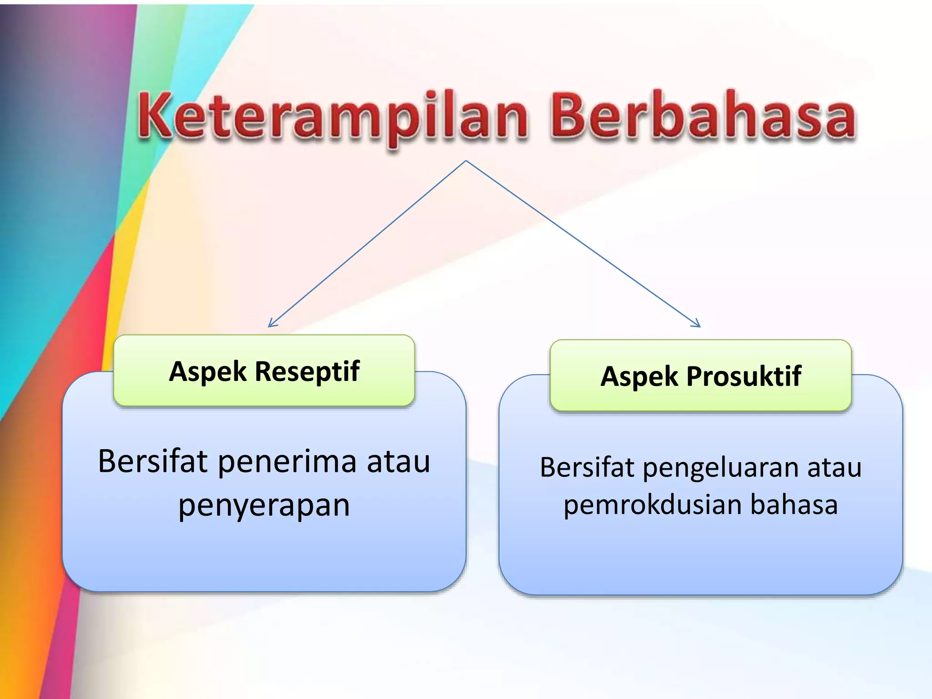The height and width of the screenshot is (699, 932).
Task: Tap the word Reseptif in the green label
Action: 307,371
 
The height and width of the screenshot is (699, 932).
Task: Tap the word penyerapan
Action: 264,505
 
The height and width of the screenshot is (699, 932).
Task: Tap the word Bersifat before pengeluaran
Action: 587,467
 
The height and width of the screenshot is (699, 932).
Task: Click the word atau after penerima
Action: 398,461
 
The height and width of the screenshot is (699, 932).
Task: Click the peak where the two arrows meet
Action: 466,161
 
